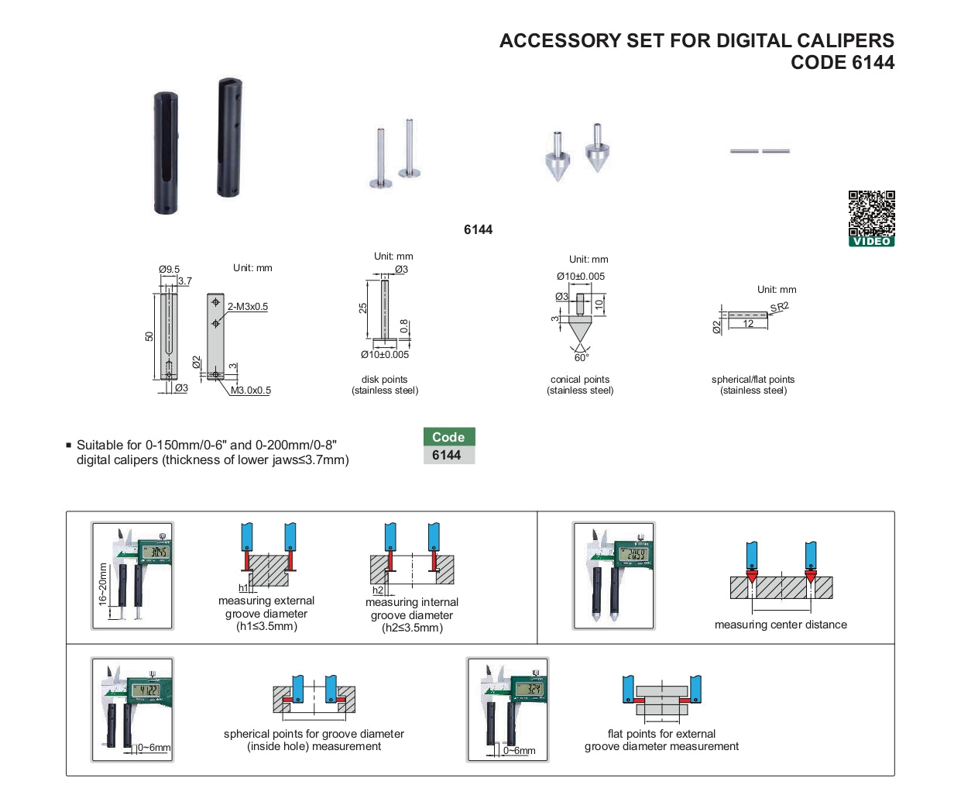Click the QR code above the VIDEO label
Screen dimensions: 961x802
click(x=871, y=213)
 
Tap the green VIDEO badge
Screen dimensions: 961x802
click(x=871, y=242)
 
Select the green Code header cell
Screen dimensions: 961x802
click(x=448, y=437)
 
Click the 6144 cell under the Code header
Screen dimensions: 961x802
click(x=448, y=455)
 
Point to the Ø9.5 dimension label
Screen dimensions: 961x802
click(x=169, y=269)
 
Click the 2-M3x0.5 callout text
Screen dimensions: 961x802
click(x=248, y=306)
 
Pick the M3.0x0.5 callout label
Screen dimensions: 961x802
click(x=250, y=391)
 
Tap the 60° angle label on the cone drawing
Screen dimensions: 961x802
click(x=582, y=357)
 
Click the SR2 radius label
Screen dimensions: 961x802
click(x=779, y=308)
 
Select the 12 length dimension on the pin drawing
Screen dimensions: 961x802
click(x=748, y=323)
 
